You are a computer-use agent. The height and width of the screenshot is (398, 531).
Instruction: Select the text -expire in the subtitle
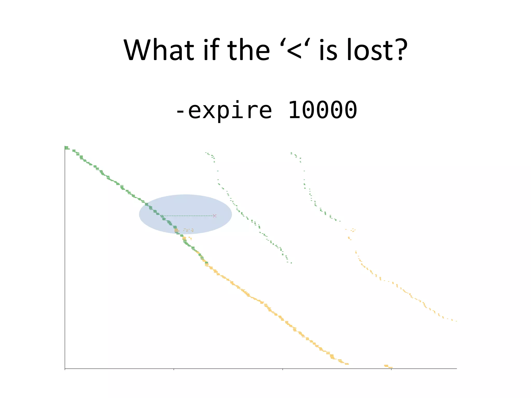pos(223,110)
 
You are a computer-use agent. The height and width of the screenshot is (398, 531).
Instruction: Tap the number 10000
pos(323,110)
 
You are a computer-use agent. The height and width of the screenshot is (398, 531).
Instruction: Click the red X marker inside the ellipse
pos(214,216)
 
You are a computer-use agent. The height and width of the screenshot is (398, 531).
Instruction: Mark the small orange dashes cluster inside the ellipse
pos(189,230)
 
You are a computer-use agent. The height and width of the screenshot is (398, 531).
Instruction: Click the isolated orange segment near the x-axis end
pos(388,366)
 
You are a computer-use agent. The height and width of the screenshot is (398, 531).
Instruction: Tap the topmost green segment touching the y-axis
pos(67,148)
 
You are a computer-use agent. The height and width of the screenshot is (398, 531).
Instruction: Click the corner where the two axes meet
pos(65,368)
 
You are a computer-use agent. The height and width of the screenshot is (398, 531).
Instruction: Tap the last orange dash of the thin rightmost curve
pos(456,321)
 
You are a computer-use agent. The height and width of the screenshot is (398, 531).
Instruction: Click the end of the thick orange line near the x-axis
pos(347,364)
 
